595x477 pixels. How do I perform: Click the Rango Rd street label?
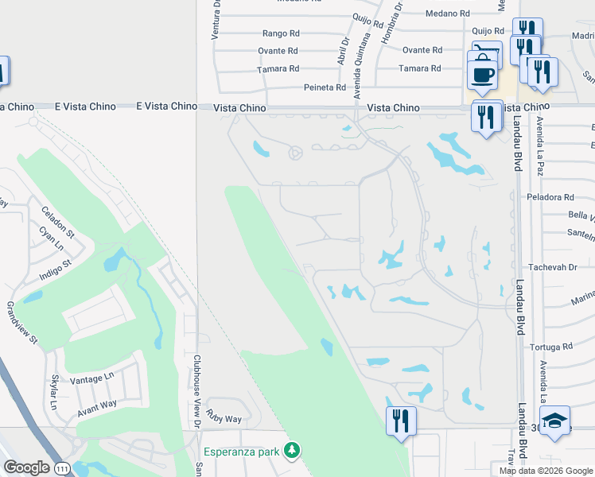click(x=281, y=34)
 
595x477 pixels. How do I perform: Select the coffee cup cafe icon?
click(x=483, y=75)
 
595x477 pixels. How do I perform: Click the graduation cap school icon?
click(x=554, y=420)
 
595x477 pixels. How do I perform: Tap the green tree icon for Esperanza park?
click(x=292, y=452)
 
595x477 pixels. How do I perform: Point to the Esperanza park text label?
click(x=242, y=452)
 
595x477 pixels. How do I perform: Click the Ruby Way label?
click(x=224, y=417)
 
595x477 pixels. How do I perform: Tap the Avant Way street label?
click(x=97, y=409)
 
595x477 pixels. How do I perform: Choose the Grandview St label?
click(x=22, y=322)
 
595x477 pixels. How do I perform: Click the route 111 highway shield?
click(x=62, y=468)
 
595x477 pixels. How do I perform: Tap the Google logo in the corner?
click(x=26, y=467)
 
